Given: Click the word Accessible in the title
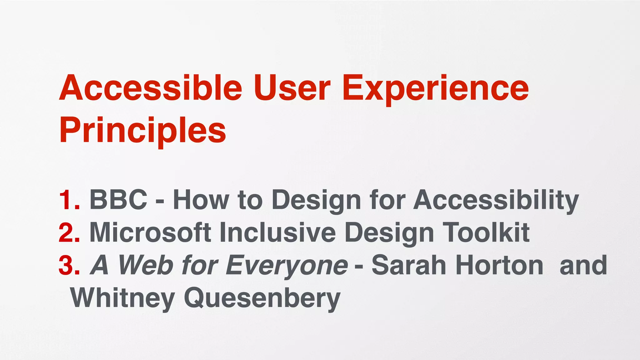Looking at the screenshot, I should [x=150, y=88].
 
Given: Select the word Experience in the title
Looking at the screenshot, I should [x=435, y=88].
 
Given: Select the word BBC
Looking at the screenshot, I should [x=118, y=200].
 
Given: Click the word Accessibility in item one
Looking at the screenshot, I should [x=496, y=200].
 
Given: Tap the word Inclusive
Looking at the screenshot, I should [x=277, y=233].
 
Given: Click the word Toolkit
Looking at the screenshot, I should [x=487, y=233].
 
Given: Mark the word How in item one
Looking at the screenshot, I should [x=201, y=200].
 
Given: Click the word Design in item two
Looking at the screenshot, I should [x=389, y=233].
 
